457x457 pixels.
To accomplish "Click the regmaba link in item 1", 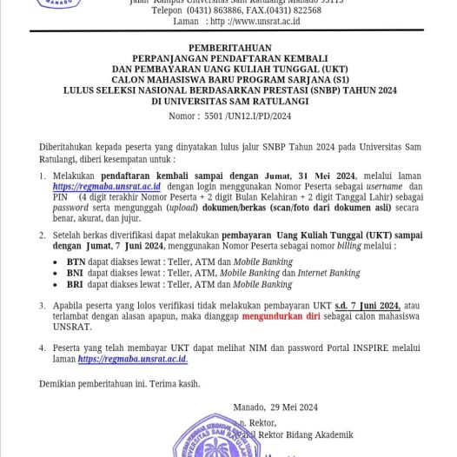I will pos(106,186).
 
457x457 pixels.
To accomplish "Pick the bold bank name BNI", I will pos(76,272).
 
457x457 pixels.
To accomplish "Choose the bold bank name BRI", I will pos(76,284).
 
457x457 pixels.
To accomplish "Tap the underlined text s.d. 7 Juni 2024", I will pos(368,305).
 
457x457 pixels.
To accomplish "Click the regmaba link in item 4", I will pos(132,359).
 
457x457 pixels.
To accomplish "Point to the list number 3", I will pos(43,305).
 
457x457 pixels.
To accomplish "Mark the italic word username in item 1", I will pos(385,186).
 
